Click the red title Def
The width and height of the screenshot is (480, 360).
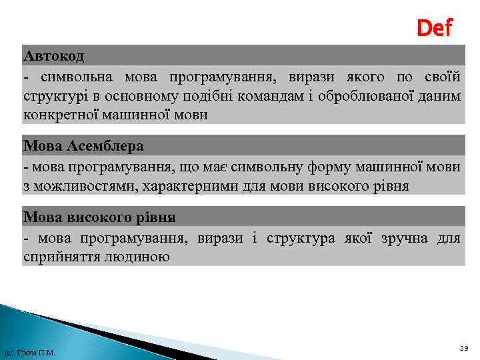pos(434,28)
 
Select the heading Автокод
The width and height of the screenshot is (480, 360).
pos(53,54)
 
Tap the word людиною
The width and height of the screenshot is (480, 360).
pos(135,257)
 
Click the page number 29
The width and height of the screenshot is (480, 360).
pos(464,348)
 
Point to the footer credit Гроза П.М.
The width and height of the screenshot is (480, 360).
pos(29,352)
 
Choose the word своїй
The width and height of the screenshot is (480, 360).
pos(443,77)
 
